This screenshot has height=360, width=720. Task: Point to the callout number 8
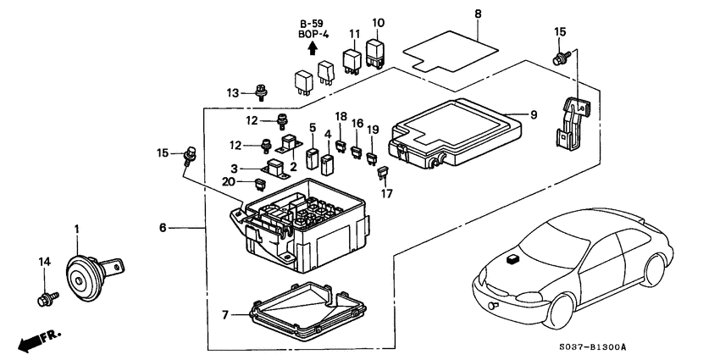point(478,14)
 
